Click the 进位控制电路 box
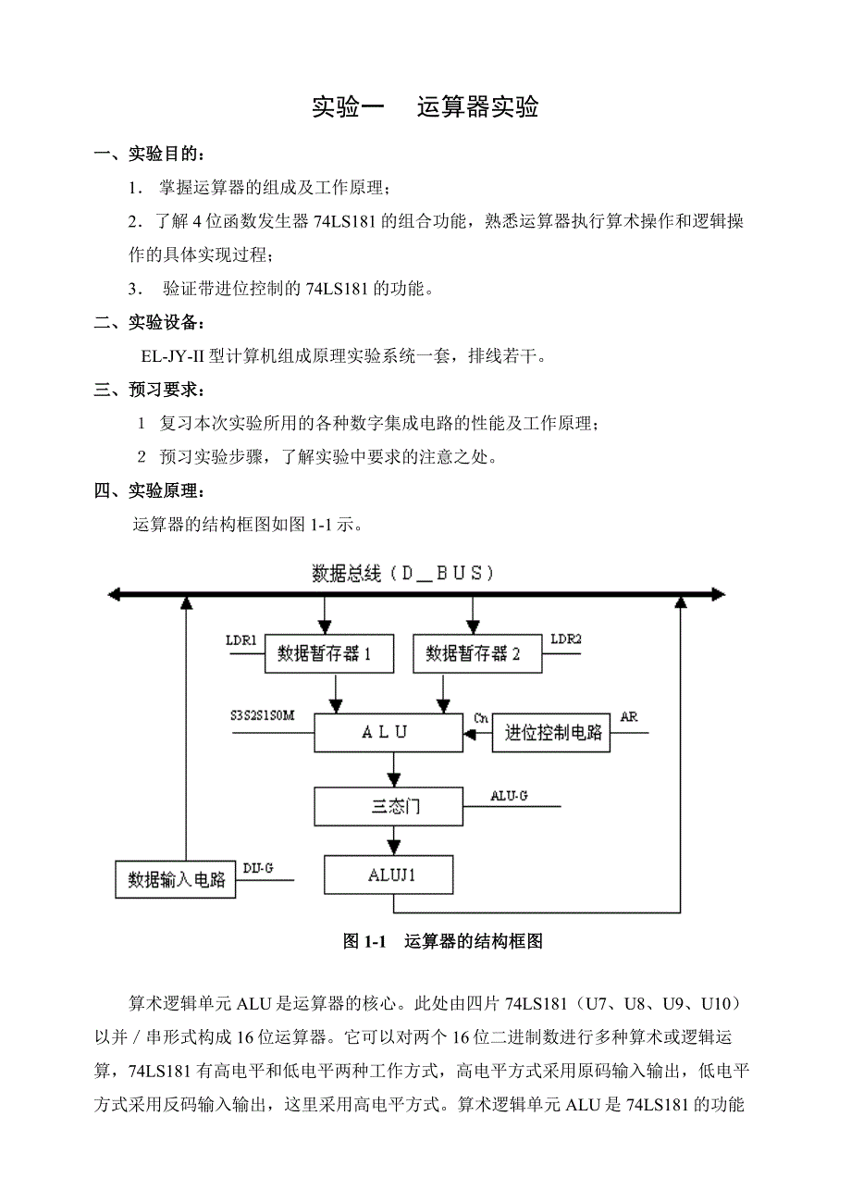pos(553,733)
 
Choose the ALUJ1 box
pos(388,874)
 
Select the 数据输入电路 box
pos(175,879)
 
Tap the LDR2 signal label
pos(566,639)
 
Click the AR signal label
pos(629,716)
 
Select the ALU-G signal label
pos(509,795)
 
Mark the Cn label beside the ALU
pos(481,718)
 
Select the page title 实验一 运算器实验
pos(425,107)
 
